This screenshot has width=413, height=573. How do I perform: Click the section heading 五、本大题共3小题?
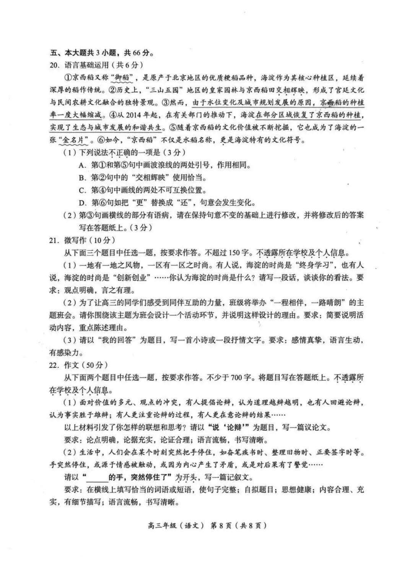pyautogui.click(x=101, y=52)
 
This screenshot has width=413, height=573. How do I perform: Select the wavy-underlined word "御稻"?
pyautogui.click(x=122, y=78)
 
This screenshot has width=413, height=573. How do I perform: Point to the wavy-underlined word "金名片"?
pyautogui.click(x=73, y=140)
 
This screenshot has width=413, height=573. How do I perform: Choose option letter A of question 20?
pyautogui.click(x=81, y=165)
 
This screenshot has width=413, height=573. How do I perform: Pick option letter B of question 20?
pyautogui.click(x=81, y=178)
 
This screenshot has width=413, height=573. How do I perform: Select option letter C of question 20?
pyautogui.click(x=81, y=190)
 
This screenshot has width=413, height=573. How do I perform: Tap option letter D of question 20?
pyautogui.click(x=81, y=203)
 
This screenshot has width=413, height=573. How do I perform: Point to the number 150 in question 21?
pyautogui.click(x=234, y=253)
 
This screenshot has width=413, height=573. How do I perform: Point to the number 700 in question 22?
pyautogui.click(x=237, y=377)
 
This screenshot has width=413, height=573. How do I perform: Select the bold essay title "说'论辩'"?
pyautogui.click(x=227, y=427)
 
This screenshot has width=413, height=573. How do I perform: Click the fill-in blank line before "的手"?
pyautogui.click(x=97, y=477)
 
